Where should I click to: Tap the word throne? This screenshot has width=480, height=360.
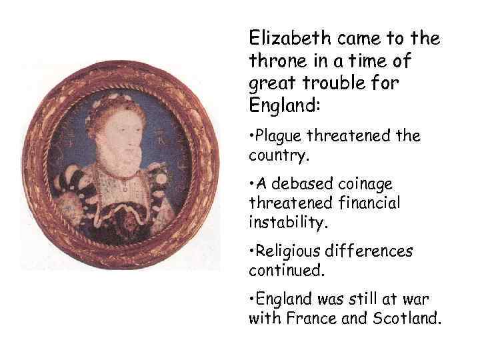(275, 61)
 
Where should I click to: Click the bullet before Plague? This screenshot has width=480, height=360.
(251, 136)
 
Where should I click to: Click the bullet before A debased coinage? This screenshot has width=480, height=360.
(251, 183)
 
